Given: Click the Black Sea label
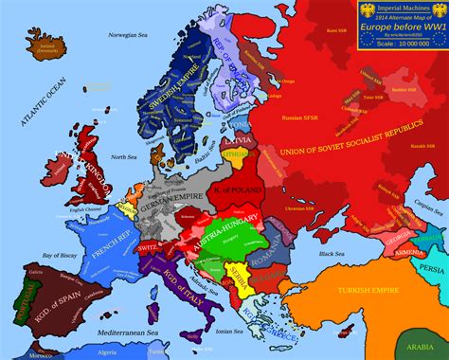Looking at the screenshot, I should coord(331,254).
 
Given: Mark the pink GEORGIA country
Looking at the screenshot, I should coord(388,242).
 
